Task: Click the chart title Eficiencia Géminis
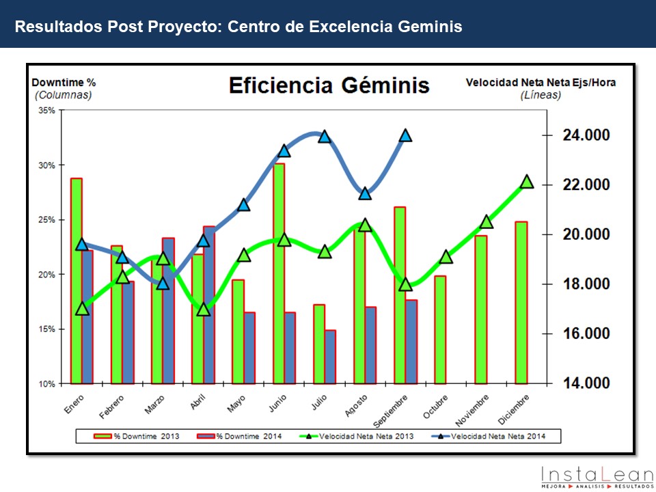(329, 85)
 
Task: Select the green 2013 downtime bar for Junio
(279, 273)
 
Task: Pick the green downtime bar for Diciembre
(521, 302)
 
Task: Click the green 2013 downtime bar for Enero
(77, 280)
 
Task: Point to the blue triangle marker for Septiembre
(405, 135)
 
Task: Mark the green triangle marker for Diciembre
(527, 182)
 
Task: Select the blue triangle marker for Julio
(325, 137)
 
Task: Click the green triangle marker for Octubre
(446, 257)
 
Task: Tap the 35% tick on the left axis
(46, 110)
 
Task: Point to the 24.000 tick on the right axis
(586, 135)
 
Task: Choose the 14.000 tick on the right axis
(586, 383)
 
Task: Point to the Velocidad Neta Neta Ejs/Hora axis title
(541, 83)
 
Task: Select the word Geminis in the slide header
(428, 27)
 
